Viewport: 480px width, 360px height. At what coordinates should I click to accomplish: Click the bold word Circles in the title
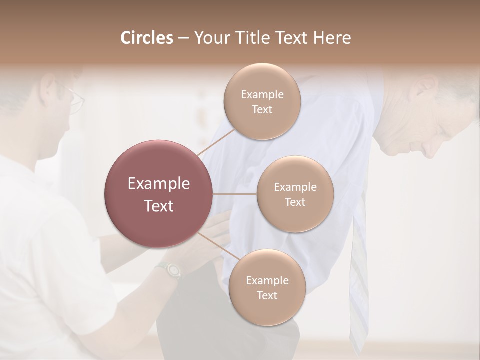tap(147, 38)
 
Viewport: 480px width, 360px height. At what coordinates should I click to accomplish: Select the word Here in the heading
tap(333, 38)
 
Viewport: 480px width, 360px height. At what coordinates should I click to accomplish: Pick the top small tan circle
tap(262, 101)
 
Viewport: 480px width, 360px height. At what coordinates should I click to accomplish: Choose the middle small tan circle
tap(295, 194)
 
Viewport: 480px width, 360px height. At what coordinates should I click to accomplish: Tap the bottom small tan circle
tap(267, 287)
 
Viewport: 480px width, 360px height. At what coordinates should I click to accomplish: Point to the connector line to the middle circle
tap(235, 194)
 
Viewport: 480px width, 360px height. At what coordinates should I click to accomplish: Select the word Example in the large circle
tap(159, 184)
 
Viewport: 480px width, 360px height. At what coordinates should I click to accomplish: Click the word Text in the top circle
tap(262, 109)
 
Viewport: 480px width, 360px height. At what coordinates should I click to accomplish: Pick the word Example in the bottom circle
tap(267, 280)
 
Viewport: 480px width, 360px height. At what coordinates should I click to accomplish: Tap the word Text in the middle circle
tap(295, 202)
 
